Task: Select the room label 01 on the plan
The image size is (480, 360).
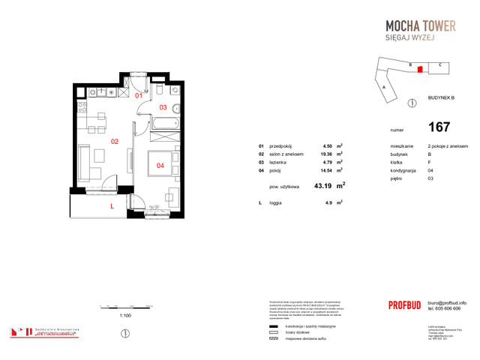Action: point(139,96)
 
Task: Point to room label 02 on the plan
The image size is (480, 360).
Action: point(115,140)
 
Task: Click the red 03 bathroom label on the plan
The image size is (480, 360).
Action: point(163,107)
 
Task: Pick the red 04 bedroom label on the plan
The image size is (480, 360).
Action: point(160,165)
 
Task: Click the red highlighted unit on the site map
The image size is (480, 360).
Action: point(420,69)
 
